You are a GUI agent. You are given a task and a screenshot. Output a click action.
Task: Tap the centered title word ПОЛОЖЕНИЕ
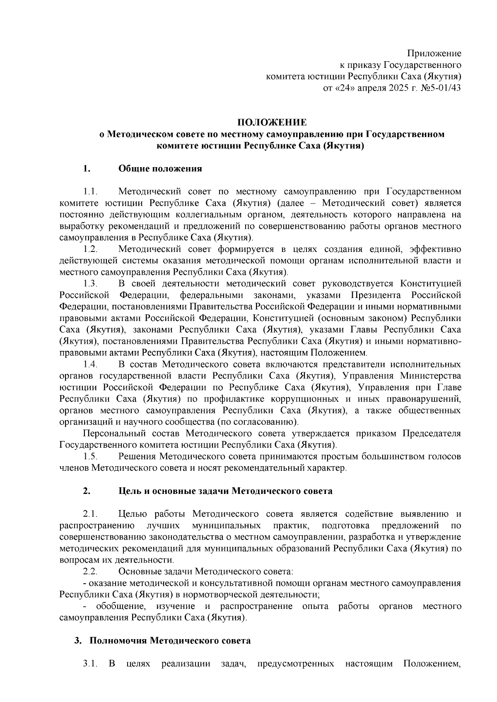point(272,123)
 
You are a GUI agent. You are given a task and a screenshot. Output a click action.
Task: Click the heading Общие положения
point(160,169)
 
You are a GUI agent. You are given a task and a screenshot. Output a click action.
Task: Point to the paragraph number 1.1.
point(90,192)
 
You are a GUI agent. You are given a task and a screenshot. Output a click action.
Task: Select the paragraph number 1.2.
point(90,249)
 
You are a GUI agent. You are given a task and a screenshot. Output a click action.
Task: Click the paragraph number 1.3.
point(90,284)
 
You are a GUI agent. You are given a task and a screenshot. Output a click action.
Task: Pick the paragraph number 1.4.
point(90,364)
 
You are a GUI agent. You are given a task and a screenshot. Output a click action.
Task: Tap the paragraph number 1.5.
point(90,457)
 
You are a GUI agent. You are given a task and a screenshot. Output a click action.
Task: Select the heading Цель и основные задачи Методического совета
point(225,491)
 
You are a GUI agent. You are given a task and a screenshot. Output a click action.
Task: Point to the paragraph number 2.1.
point(90,514)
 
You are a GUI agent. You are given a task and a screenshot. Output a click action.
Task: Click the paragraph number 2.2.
point(90,572)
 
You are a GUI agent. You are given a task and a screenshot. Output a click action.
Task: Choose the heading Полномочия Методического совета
point(170,641)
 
